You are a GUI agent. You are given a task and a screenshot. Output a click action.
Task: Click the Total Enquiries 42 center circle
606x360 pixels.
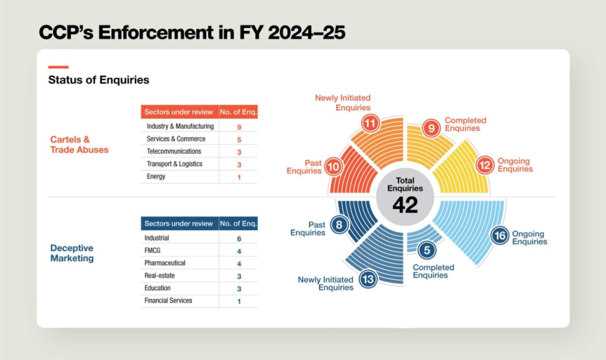click(405, 197)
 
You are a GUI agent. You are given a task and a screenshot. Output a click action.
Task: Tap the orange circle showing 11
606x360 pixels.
click(370, 123)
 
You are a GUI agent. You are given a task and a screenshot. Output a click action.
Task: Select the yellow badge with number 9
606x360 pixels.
click(431, 128)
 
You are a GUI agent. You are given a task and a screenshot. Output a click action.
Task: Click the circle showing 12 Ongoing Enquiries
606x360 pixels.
click(485, 165)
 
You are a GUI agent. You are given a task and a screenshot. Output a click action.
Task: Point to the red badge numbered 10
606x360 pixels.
click(334, 166)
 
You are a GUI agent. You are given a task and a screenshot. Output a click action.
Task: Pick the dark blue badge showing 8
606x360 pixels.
click(339, 224)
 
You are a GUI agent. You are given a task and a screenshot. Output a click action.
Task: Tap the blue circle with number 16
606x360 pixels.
click(499, 235)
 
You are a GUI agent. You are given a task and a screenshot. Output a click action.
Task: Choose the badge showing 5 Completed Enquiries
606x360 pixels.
click(427, 250)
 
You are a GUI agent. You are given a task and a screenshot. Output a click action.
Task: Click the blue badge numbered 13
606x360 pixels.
click(368, 279)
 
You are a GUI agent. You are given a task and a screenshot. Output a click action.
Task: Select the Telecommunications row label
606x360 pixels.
click(174, 151)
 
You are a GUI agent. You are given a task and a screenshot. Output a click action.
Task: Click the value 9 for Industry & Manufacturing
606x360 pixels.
click(239, 127)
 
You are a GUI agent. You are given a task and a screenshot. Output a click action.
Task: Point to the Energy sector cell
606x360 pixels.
click(156, 176)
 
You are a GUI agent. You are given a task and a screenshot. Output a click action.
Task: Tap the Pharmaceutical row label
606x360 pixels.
click(165, 263)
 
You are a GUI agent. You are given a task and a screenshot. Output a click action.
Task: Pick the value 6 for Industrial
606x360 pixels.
click(239, 239)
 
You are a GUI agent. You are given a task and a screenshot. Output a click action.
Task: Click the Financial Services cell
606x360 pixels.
click(168, 300)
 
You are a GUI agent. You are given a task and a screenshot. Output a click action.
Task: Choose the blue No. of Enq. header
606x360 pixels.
click(238, 223)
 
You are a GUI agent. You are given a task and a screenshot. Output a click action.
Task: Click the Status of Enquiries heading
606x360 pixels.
click(99, 80)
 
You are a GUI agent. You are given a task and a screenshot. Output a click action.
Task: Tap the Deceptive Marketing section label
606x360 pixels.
click(72, 253)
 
